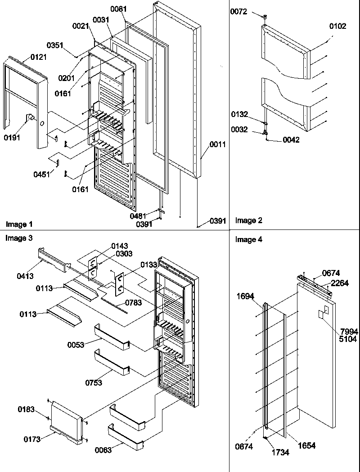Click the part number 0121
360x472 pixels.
click(38, 57)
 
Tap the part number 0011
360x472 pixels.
click(217, 144)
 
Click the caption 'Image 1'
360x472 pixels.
click(19, 224)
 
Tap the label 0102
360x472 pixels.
click(337, 27)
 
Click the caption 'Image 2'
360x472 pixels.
click(249, 220)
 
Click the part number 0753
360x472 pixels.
click(93, 383)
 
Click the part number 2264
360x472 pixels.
click(340, 283)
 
